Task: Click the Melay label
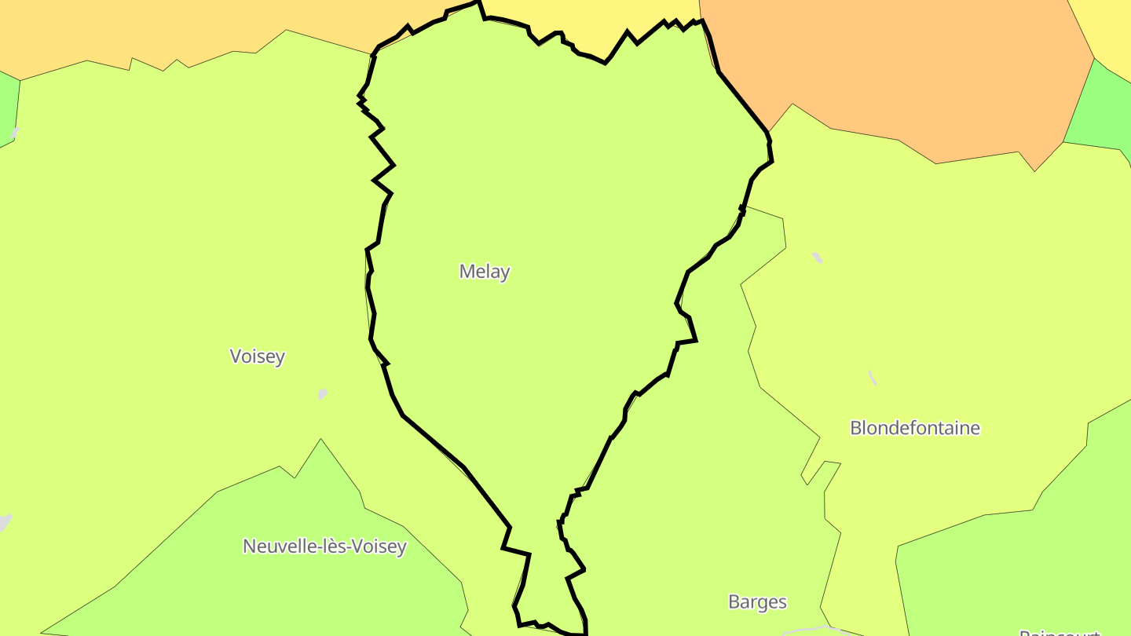(x=485, y=272)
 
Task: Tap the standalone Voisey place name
(x=257, y=356)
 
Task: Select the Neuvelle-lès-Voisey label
(x=324, y=546)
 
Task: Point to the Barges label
(x=757, y=602)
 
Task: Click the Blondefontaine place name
(x=915, y=428)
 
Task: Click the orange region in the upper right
(x=895, y=71)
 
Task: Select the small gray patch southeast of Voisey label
(x=322, y=393)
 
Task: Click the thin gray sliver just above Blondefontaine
(x=872, y=378)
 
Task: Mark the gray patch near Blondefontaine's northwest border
(x=818, y=258)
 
